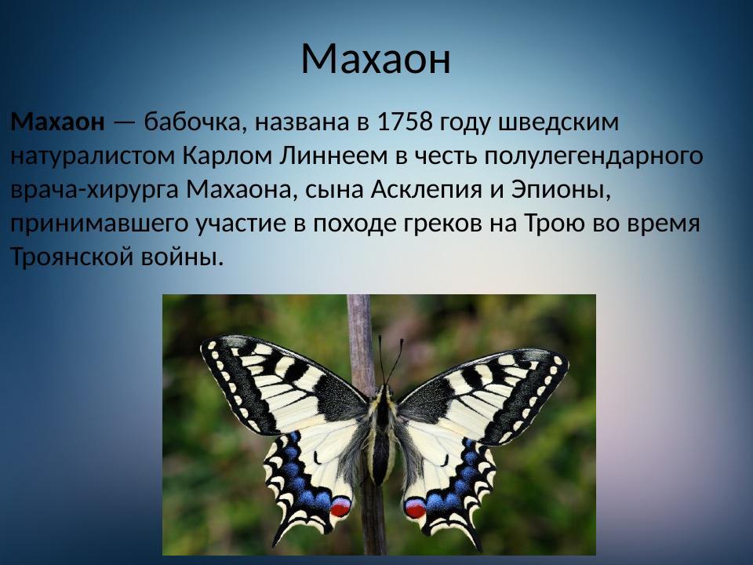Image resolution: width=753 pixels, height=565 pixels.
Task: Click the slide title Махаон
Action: tap(376, 59)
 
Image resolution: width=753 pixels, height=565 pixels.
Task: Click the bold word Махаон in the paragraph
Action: tap(57, 122)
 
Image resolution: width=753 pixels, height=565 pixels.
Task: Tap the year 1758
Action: tap(405, 122)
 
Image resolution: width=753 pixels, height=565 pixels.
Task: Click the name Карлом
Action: tap(227, 156)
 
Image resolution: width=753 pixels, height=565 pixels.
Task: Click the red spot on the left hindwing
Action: tap(340, 508)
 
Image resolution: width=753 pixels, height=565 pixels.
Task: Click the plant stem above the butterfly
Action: tap(360, 322)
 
